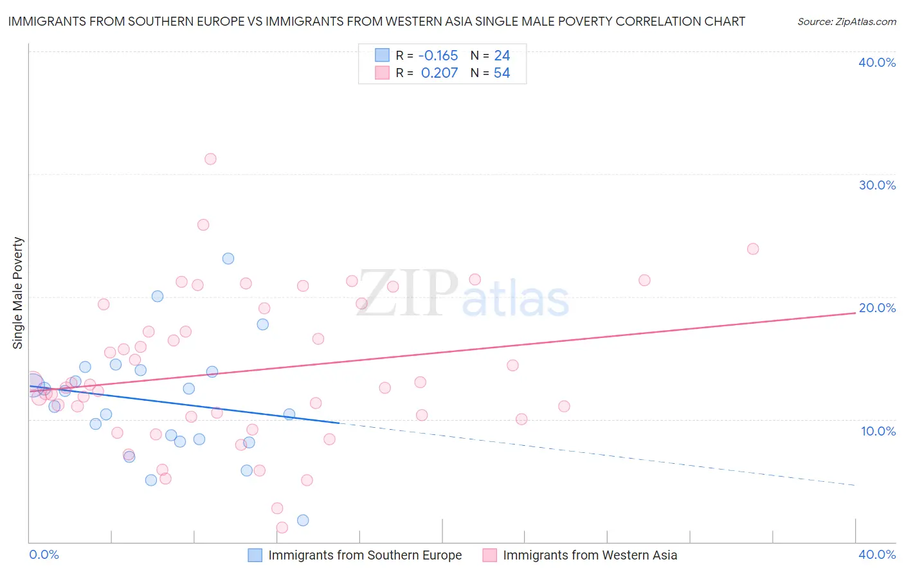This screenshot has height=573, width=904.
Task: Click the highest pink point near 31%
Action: tap(210, 159)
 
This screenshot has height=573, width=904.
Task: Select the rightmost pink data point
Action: tap(753, 249)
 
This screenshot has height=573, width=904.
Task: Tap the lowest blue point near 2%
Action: tap(303, 520)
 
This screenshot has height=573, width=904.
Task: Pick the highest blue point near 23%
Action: tap(228, 258)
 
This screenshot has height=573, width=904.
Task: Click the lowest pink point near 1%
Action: tap(282, 527)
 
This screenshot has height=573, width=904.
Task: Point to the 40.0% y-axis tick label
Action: tap(877, 62)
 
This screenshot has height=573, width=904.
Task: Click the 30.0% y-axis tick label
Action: tap(877, 185)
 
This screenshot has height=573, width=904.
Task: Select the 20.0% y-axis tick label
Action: tap(877, 308)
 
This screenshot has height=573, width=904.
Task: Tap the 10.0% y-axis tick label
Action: tap(878, 431)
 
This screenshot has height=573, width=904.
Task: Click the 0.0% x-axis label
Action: tap(44, 554)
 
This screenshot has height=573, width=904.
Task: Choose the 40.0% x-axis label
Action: tap(877, 554)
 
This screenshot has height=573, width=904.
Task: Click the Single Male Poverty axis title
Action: tap(17, 293)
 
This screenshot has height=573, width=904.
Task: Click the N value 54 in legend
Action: tap(502, 73)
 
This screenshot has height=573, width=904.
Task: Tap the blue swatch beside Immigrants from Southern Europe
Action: tap(255, 555)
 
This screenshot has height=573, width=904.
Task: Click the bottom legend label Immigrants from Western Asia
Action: tap(590, 555)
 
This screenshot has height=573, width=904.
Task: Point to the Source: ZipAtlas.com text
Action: tap(846, 21)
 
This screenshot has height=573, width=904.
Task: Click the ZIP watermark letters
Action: tap(406, 294)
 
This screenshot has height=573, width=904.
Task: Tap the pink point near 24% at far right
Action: tap(753, 249)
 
